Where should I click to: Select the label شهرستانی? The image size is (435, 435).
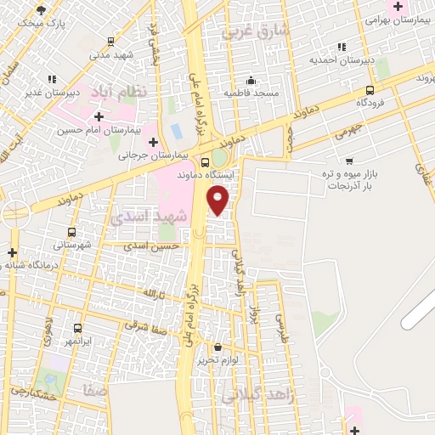pyautogui.click(x=71, y=245)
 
